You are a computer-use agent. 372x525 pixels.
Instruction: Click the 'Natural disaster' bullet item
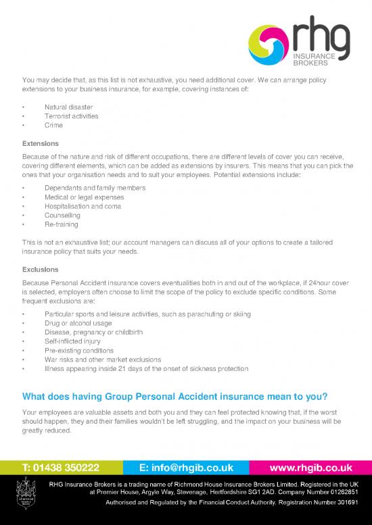[x=69, y=107]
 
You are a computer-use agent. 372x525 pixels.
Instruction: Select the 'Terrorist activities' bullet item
[x=71, y=116]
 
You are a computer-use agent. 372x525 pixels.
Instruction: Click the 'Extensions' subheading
[x=41, y=144]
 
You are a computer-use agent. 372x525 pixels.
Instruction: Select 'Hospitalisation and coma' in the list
[x=83, y=206]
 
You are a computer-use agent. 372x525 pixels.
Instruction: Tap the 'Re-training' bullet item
[x=62, y=224]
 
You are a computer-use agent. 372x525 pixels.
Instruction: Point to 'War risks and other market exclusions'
[x=103, y=360]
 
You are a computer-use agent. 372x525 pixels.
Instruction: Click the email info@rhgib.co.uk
[x=185, y=467]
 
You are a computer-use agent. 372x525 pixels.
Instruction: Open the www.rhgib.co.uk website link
[x=310, y=467]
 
